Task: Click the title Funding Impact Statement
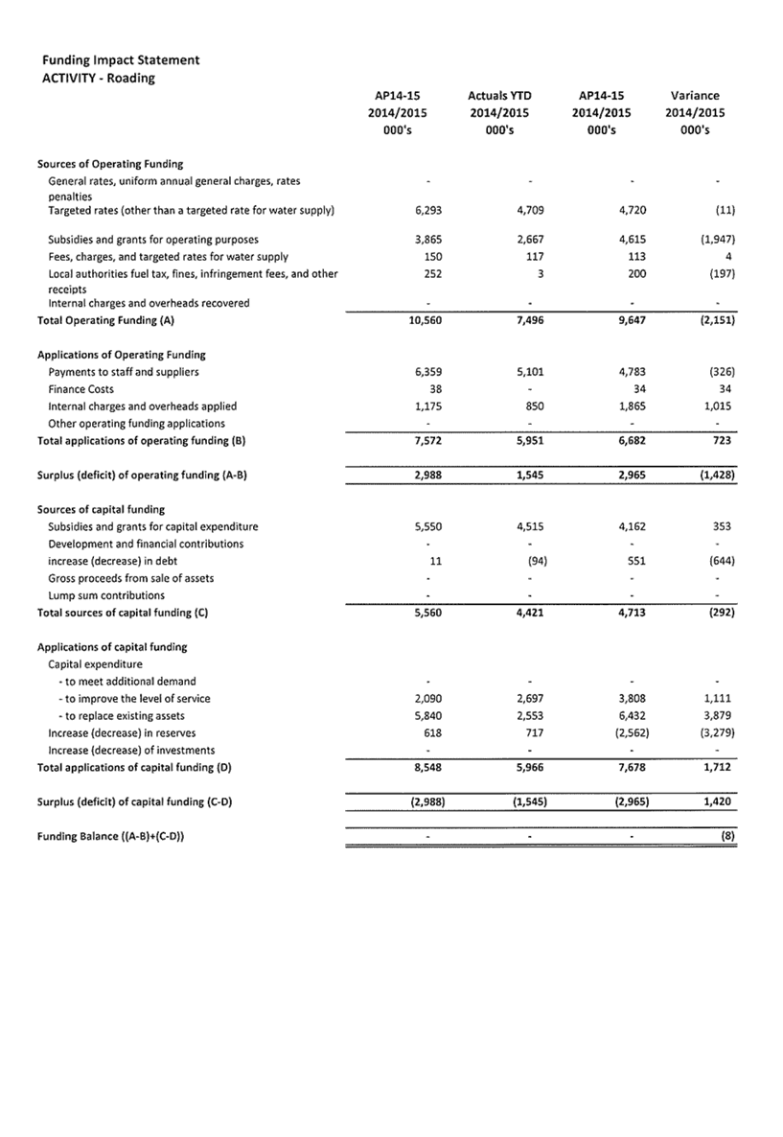click(121, 60)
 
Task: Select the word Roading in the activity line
click(131, 79)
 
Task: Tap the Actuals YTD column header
click(499, 96)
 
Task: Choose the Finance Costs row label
click(81, 389)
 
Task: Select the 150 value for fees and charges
click(432, 257)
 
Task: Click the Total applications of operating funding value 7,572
click(426, 441)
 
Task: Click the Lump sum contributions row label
click(105, 595)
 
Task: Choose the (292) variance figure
click(722, 613)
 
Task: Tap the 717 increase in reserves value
click(534, 733)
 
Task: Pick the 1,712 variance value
click(719, 768)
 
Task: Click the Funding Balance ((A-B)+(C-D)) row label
click(110, 837)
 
